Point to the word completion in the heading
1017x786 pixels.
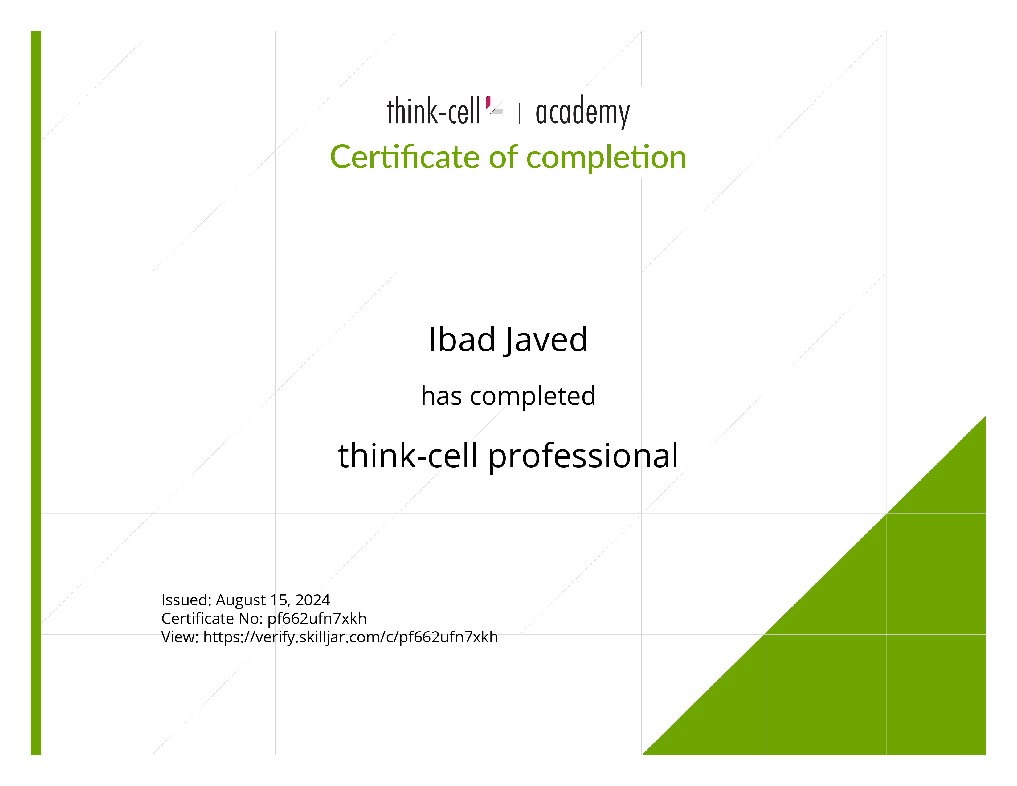point(606,158)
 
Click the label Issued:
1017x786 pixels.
point(186,600)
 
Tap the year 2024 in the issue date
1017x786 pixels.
point(312,600)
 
